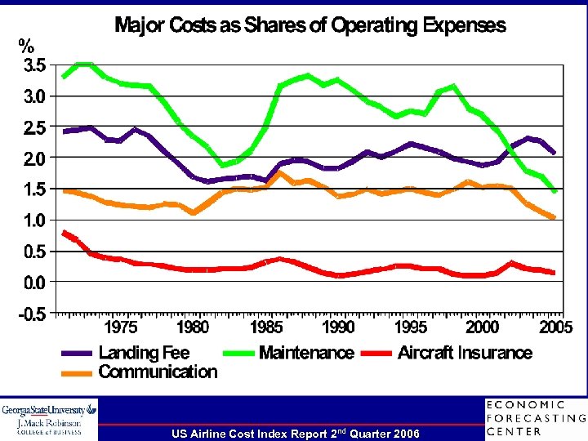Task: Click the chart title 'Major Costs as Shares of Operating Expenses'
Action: [x=310, y=25]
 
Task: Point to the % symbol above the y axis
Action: [x=28, y=46]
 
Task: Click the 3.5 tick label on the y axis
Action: [x=33, y=66]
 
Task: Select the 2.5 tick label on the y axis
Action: [x=33, y=128]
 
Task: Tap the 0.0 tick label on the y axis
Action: [x=33, y=283]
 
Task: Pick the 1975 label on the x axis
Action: [x=120, y=327]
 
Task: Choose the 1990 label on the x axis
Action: [x=338, y=327]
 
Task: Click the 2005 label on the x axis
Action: [x=555, y=327]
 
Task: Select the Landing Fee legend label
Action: [x=144, y=353]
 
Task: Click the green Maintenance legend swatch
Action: [x=239, y=354]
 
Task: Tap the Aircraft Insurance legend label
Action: [x=465, y=353]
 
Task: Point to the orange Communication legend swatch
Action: [x=79, y=373]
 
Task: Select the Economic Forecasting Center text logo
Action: [x=535, y=418]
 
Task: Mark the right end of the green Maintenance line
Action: [x=555, y=192]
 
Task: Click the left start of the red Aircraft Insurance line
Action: [x=64, y=232]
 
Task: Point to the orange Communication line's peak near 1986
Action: [x=279, y=172]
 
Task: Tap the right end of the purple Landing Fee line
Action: [x=555, y=153]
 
